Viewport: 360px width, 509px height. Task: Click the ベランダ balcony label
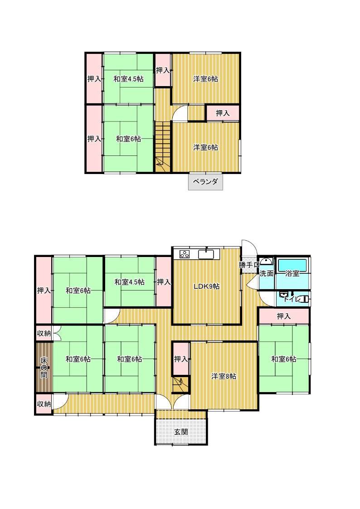(x=205, y=181)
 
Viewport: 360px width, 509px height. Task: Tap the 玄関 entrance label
(x=181, y=432)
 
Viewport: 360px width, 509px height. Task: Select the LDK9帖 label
(x=206, y=286)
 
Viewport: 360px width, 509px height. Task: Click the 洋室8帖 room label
(x=224, y=376)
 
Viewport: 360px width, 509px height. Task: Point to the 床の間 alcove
(x=44, y=367)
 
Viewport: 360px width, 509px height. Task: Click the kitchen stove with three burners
(x=185, y=254)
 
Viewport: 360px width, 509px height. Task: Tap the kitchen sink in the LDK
(x=206, y=254)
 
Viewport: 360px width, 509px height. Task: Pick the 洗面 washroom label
(x=267, y=273)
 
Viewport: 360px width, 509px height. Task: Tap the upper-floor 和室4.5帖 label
(x=129, y=78)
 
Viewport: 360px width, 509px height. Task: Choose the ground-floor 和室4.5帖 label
(x=130, y=282)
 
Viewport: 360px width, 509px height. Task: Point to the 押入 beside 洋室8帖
(x=181, y=359)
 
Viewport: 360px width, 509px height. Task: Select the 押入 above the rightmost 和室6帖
(x=284, y=316)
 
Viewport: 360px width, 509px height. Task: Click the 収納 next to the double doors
(x=44, y=334)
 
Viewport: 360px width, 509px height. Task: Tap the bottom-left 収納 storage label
(x=44, y=404)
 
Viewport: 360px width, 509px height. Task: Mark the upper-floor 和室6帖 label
(x=129, y=139)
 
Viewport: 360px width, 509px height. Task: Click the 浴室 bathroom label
(x=292, y=273)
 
